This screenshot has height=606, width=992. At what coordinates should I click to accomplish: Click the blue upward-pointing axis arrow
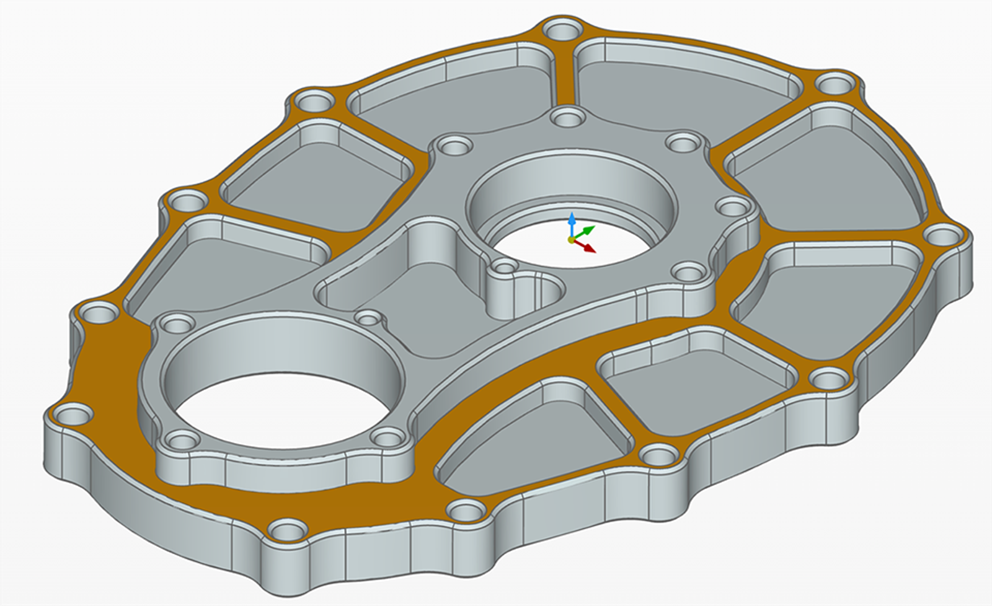click(x=572, y=222)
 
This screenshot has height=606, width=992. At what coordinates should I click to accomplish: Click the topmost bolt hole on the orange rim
click(x=562, y=29)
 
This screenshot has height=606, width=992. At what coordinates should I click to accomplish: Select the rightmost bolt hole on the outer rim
click(x=944, y=236)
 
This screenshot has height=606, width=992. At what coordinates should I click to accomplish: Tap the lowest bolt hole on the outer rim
click(x=288, y=531)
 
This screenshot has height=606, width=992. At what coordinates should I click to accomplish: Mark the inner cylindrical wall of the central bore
click(x=570, y=186)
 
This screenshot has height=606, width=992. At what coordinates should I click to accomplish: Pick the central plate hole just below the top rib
click(x=567, y=116)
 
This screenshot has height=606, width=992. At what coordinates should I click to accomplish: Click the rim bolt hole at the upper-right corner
click(x=834, y=83)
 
